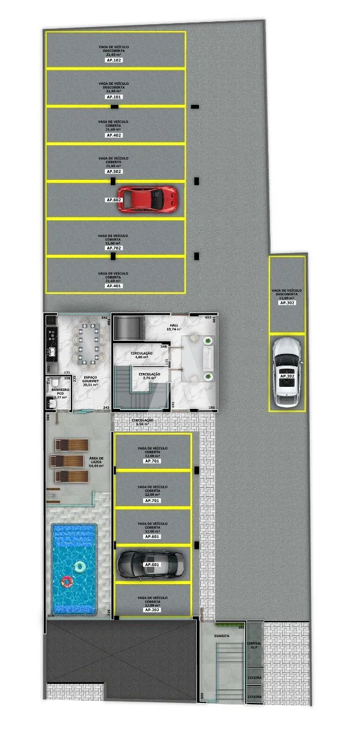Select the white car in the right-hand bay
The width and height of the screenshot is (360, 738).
[x=286, y=372]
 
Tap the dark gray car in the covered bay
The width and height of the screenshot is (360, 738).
[x=152, y=564]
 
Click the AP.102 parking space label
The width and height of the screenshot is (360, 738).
[x=114, y=60]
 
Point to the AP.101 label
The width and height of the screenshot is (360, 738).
[x=114, y=97]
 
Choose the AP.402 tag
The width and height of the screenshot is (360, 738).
[x=114, y=135]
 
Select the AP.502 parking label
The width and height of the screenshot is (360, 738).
[x=114, y=172]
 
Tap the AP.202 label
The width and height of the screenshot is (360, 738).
[x=152, y=609]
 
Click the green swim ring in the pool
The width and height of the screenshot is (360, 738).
[x=79, y=567]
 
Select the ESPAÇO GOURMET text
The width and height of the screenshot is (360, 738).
[x=90, y=382]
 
